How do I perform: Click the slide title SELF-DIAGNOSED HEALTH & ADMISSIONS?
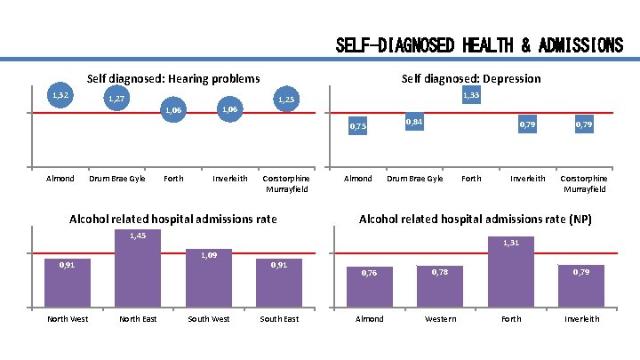click(479, 45)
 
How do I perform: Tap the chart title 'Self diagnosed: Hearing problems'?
click(172, 79)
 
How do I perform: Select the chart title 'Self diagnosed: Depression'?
click(470, 79)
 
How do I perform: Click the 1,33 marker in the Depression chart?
click(471, 95)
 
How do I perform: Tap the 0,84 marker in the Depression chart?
click(414, 122)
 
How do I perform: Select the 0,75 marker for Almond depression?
click(357, 128)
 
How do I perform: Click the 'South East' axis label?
click(279, 319)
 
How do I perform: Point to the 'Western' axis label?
click(440, 319)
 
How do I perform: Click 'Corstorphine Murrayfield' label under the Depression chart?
click(583, 183)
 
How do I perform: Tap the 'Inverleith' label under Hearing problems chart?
click(230, 179)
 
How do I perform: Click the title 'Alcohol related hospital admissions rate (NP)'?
click(475, 220)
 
